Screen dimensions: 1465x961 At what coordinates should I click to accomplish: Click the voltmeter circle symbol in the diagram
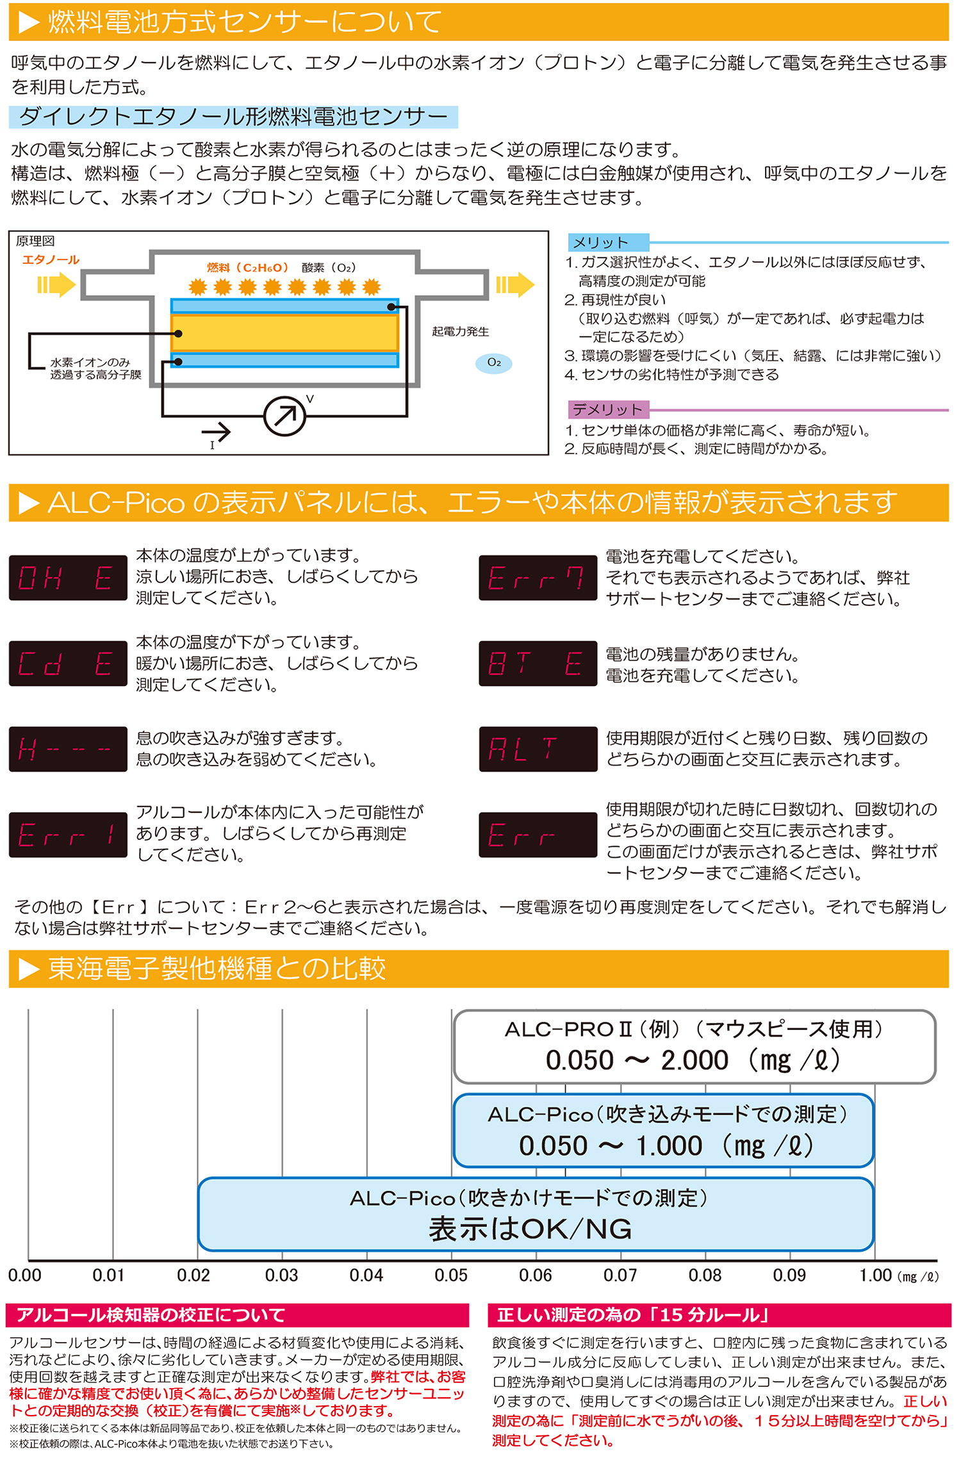tap(284, 416)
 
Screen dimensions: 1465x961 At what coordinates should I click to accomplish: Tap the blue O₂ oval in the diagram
tap(493, 363)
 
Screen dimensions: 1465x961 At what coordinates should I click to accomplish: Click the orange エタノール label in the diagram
tap(51, 259)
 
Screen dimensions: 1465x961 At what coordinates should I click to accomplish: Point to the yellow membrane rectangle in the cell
tap(284, 332)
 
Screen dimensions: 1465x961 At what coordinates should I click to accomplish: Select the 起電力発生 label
tap(460, 331)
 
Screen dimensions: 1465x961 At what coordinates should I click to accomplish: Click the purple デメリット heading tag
tap(608, 409)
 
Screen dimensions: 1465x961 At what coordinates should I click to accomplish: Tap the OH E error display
tap(68, 578)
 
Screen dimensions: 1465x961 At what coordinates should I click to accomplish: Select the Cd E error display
tap(68, 664)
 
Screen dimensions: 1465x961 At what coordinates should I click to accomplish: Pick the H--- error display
tap(68, 749)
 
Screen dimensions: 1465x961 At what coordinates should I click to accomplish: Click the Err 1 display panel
tap(68, 835)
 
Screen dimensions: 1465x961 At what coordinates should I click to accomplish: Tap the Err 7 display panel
tap(538, 578)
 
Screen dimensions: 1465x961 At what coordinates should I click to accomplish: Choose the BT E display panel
tap(538, 664)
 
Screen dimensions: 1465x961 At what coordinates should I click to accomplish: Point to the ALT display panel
tap(538, 749)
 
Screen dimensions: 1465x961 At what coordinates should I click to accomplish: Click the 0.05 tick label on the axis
tap(450, 1275)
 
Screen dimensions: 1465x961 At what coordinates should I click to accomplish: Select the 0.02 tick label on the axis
tap(193, 1275)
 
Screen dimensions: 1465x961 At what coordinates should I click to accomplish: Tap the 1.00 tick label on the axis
tap(875, 1275)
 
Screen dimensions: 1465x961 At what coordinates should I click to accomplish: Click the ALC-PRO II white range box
tap(694, 1046)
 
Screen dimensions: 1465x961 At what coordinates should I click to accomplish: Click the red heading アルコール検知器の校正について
tap(151, 1315)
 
